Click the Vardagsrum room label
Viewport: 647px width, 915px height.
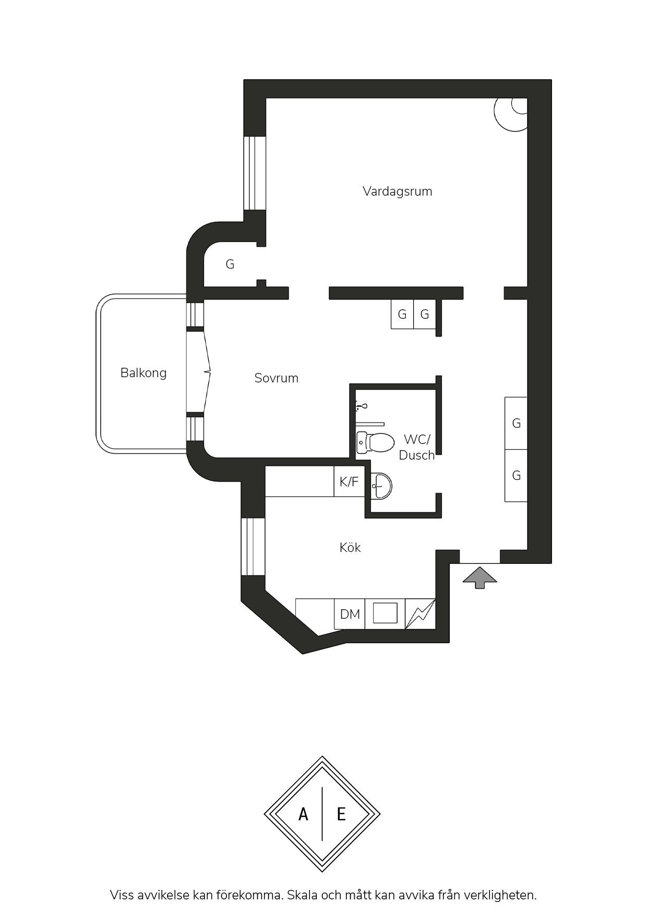[397, 191]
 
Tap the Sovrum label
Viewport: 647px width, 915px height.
[276, 378]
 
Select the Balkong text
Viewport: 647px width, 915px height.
[143, 373]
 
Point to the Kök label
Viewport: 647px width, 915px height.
[350, 547]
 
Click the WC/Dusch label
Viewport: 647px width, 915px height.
[417, 447]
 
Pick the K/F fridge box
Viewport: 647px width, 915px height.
[349, 481]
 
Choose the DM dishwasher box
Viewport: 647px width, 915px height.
[350, 614]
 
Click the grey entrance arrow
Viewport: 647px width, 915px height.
[480, 577]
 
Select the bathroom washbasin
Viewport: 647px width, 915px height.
[381, 485]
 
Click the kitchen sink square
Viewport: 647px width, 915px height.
[385, 613]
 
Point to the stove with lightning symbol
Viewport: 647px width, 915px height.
[420, 614]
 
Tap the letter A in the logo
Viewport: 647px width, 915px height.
[303, 814]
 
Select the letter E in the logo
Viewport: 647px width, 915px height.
[341, 814]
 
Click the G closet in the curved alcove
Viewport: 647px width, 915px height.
[230, 264]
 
